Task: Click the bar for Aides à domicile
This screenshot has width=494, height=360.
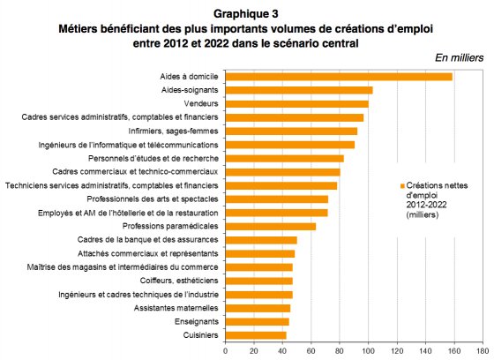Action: pos(339,77)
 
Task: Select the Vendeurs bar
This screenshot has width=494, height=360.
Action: pos(297,104)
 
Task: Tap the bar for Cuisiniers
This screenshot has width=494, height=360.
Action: pos(256,335)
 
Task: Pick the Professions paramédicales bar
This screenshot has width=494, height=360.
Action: pos(271,227)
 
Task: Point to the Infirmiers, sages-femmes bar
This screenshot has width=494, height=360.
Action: pos(292,131)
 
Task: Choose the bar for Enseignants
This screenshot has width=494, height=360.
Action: pos(258,321)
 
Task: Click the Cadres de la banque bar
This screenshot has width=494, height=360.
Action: pos(261,240)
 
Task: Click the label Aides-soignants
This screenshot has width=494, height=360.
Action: pos(190,90)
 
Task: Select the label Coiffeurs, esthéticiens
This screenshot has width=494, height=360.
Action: pos(179,281)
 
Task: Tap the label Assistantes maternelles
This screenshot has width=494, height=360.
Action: pos(176,308)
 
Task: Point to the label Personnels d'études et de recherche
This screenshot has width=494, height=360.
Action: pos(153,158)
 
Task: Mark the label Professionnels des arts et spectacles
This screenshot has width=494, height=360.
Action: pos(153,199)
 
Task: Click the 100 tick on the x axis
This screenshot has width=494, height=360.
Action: pos(369,351)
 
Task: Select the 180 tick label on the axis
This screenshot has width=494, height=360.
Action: pos(483,351)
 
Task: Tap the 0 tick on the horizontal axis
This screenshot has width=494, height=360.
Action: pos(226,351)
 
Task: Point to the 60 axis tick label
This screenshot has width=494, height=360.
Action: pos(311,351)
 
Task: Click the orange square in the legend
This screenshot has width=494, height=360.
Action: pos(402,186)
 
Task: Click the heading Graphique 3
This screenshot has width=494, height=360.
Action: pos(246,14)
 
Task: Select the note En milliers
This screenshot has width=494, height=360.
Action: pos(459,58)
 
